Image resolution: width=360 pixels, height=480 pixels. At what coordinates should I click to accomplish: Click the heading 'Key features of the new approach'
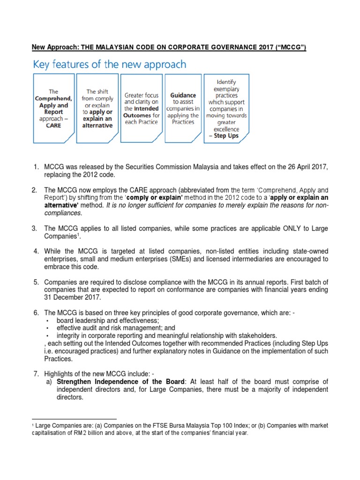[109, 64]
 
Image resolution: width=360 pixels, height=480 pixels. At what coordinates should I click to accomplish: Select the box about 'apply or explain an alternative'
[97, 108]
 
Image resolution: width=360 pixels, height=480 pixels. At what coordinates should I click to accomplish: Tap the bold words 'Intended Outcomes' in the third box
[142, 112]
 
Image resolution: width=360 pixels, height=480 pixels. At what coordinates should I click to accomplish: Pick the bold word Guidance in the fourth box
[183, 95]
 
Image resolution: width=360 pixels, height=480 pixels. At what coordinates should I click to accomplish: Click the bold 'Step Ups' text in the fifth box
[227, 136]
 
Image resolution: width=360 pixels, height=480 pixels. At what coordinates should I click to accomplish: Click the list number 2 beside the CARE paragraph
[34, 190]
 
